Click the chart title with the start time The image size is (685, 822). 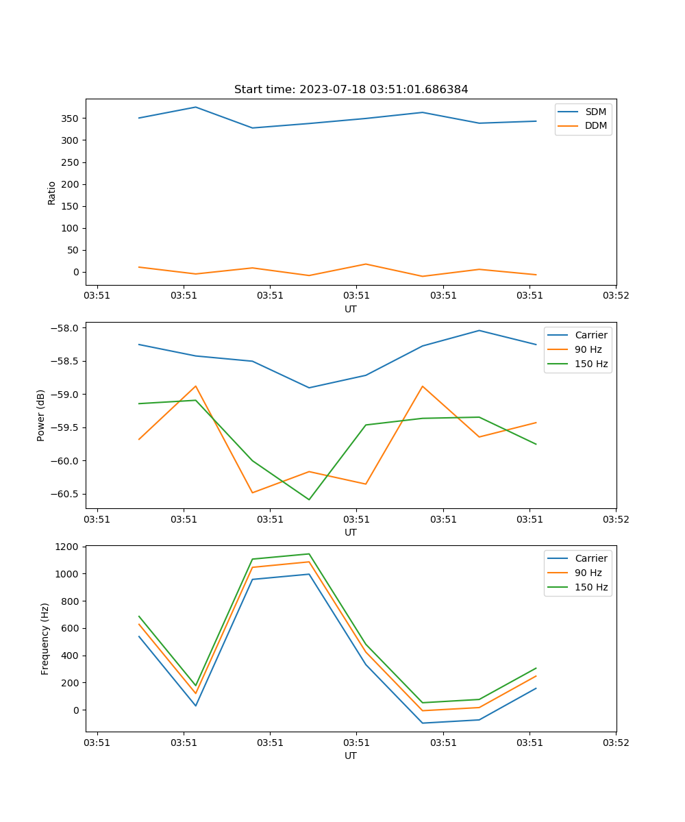click(351, 90)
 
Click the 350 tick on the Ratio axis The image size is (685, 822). click(71, 119)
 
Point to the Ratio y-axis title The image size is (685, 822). click(52, 192)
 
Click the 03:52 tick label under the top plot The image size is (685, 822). click(616, 296)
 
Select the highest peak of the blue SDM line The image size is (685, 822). click(196, 107)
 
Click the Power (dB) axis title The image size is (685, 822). click(41, 415)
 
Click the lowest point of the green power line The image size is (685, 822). click(309, 499)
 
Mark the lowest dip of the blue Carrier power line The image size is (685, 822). click(309, 388)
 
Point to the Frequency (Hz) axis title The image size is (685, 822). click(45, 638)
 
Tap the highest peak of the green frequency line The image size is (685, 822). click(309, 553)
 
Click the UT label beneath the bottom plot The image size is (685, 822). click(351, 756)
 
